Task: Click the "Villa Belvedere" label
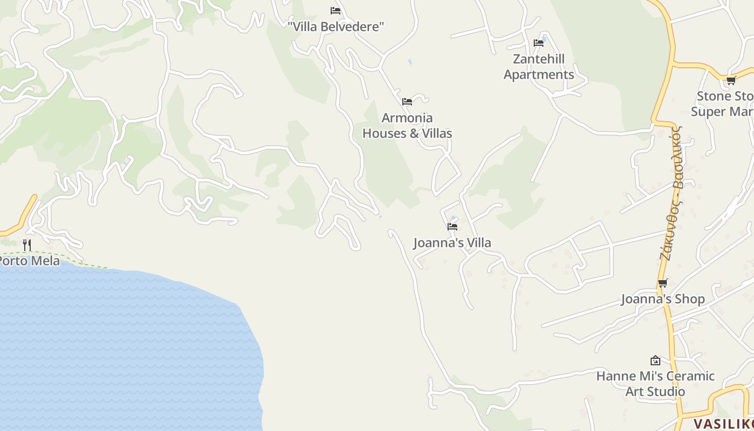[x=336, y=26]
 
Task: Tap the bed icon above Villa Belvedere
[x=336, y=11]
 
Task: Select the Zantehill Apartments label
[x=539, y=66]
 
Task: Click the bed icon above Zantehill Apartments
[x=539, y=43]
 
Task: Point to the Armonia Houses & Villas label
[x=407, y=126]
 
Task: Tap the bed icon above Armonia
[x=407, y=101]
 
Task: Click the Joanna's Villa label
[x=452, y=243]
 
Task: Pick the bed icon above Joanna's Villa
[x=452, y=227]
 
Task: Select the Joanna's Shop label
[x=663, y=299]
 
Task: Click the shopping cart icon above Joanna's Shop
[x=663, y=283]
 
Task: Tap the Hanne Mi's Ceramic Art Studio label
[x=655, y=384]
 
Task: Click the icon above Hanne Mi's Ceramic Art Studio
[x=655, y=360]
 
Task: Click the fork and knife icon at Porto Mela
[x=27, y=245]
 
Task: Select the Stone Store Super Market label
[x=724, y=104]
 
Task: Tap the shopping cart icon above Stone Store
[x=731, y=81]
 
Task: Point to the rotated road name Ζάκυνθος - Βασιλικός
[x=672, y=193]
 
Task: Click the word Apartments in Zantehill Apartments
[x=539, y=74]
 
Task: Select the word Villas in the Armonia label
[x=437, y=133]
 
